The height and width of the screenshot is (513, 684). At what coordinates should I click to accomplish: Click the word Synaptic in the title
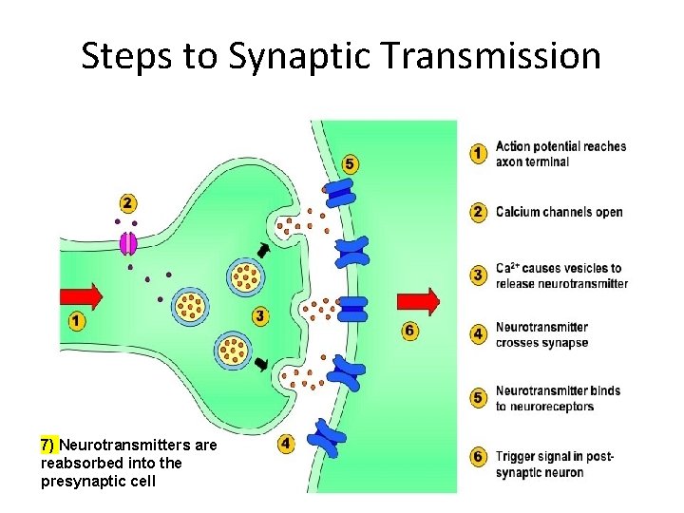(x=291, y=57)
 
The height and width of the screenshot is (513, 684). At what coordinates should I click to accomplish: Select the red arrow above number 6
(x=417, y=302)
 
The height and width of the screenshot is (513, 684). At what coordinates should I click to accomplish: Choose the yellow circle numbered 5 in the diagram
(x=350, y=164)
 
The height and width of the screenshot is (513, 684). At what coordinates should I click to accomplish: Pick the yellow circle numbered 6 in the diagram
(x=409, y=331)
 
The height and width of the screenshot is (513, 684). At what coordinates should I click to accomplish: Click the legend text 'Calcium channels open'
(x=559, y=212)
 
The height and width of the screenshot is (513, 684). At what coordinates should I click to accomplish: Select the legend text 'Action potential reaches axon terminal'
(x=560, y=154)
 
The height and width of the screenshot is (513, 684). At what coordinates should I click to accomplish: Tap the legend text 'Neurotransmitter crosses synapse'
(x=541, y=334)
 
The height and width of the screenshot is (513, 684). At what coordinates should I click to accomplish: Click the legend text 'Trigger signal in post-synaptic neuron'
(x=555, y=465)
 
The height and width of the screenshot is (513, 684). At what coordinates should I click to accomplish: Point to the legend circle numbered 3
(x=480, y=275)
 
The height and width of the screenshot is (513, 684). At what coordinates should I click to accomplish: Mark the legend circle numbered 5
(x=480, y=398)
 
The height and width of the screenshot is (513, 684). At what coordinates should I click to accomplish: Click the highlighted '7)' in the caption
(x=48, y=445)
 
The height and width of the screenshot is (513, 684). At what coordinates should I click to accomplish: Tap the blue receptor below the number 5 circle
(x=341, y=194)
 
